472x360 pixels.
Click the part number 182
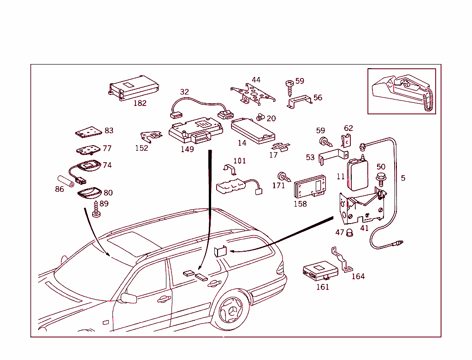point(140,103)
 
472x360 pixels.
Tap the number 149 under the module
point(187,149)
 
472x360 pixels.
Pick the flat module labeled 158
point(310,187)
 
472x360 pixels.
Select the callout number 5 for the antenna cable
point(403,178)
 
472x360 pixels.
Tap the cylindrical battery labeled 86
point(65,181)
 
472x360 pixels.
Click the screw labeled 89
point(96,209)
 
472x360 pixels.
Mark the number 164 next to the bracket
point(358,277)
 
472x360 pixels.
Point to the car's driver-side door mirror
point(128,298)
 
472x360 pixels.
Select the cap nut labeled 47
point(350,232)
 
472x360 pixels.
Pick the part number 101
point(240,161)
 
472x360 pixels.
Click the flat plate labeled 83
point(88,132)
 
